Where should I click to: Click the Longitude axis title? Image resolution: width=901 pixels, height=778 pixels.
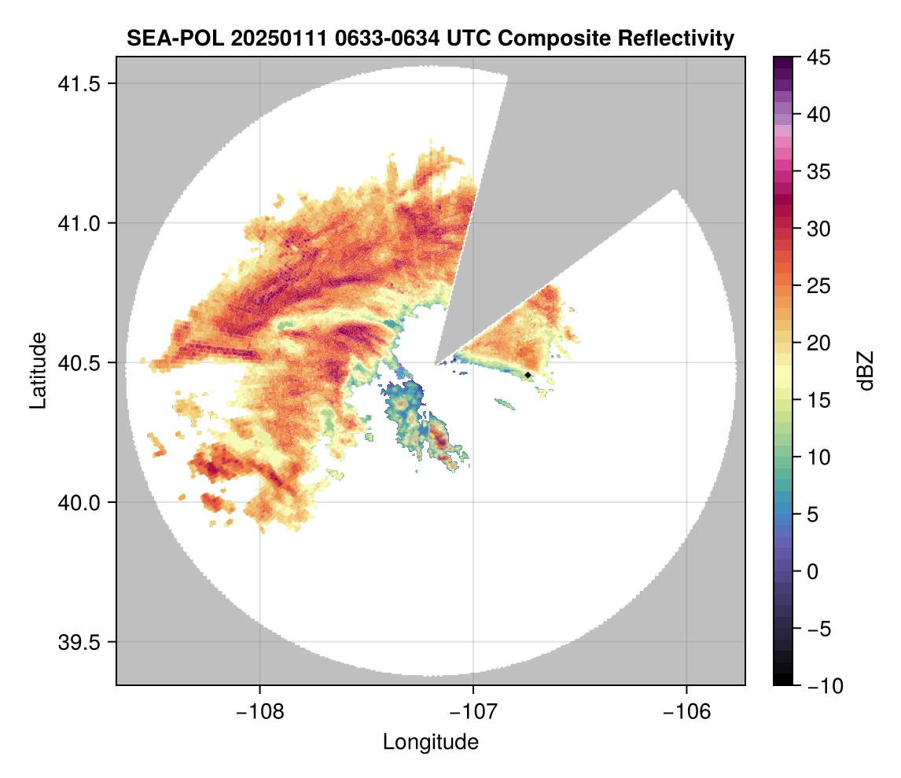[x=431, y=742]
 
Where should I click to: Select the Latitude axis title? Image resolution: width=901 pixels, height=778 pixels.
[x=37, y=370]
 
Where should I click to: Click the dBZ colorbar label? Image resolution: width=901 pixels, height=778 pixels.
[x=866, y=370]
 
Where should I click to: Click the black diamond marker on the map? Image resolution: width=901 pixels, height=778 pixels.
[x=528, y=375]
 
